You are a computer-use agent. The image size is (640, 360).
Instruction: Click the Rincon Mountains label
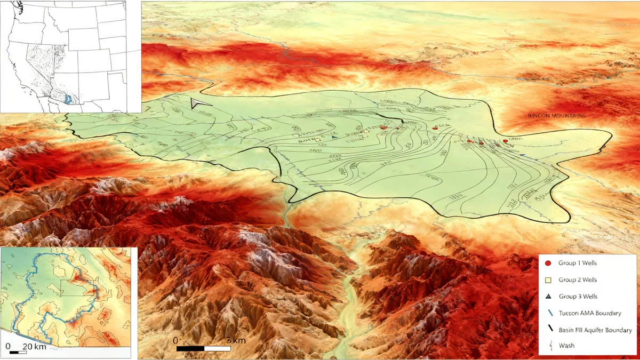point(556,116)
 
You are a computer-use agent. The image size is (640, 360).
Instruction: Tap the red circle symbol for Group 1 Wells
point(548,263)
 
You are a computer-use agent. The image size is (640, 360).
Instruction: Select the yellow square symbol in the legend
point(548,279)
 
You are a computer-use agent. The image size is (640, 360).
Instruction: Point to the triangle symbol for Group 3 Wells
point(548,297)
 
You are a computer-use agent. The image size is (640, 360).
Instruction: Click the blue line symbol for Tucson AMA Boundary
point(548,314)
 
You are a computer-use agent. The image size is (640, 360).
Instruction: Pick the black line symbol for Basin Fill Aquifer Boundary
point(548,330)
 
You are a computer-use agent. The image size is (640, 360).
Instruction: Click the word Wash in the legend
point(566,346)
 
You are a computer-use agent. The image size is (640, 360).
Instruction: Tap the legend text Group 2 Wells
point(578,279)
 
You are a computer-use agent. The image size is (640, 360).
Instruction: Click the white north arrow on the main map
point(200,103)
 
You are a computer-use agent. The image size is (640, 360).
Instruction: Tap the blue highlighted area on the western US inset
point(67,99)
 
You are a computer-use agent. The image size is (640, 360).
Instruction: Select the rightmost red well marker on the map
point(505,141)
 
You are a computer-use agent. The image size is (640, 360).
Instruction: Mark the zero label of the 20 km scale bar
point(7,347)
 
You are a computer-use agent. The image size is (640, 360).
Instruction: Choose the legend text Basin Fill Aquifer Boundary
point(595,330)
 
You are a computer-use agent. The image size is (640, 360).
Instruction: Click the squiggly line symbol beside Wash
point(548,346)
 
